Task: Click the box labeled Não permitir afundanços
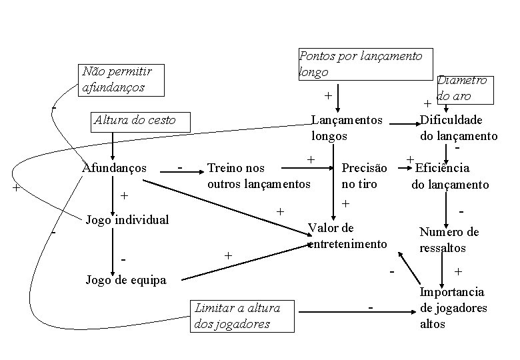(120, 79)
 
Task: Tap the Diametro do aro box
(463, 88)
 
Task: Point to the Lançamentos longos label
(347, 128)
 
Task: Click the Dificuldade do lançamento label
(459, 128)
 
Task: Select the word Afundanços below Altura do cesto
(114, 167)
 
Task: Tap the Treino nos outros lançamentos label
(259, 175)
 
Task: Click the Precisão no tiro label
(364, 175)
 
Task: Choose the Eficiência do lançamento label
(450, 176)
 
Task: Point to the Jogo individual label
(127, 219)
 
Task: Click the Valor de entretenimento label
(347, 236)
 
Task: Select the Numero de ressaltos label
(449, 240)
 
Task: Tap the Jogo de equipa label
(126, 280)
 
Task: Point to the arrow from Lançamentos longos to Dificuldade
(402, 123)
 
